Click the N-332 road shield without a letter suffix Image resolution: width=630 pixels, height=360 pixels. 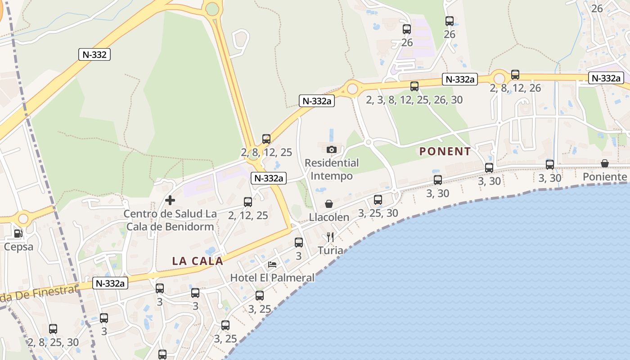(x=94, y=55)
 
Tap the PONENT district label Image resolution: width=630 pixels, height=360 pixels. (x=445, y=152)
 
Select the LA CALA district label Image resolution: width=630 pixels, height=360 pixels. (x=198, y=261)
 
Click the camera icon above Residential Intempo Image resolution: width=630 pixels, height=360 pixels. (x=332, y=149)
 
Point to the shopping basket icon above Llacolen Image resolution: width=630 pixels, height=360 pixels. (x=329, y=204)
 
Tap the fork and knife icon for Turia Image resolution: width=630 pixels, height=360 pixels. (x=330, y=237)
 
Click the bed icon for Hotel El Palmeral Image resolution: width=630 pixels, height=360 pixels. (x=272, y=264)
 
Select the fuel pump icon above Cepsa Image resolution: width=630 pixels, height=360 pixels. (x=18, y=233)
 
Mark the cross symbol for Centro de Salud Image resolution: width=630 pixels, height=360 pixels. (x=170, y=200)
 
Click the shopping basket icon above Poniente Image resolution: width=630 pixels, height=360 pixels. (x=605, y=163)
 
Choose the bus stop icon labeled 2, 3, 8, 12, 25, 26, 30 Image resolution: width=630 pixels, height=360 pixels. (x=414, y=86)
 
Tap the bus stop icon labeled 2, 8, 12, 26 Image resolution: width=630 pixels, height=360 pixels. (x=515, y=75)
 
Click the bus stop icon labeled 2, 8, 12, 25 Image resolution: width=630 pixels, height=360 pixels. (x=266, y=139)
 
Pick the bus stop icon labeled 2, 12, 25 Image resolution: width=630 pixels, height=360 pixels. (x=248, y=202)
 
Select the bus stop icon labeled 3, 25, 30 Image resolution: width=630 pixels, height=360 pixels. (x=378, y=200)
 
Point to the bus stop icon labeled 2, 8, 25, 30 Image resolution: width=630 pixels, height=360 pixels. (x=53, y=329)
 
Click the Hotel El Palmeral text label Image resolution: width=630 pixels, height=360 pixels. (x=272, y=278)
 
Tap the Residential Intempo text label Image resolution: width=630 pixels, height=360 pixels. (x=332, y=169)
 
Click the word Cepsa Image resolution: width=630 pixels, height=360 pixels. (x=18, y=247)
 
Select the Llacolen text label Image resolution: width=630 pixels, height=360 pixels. (x=329, y=217)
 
